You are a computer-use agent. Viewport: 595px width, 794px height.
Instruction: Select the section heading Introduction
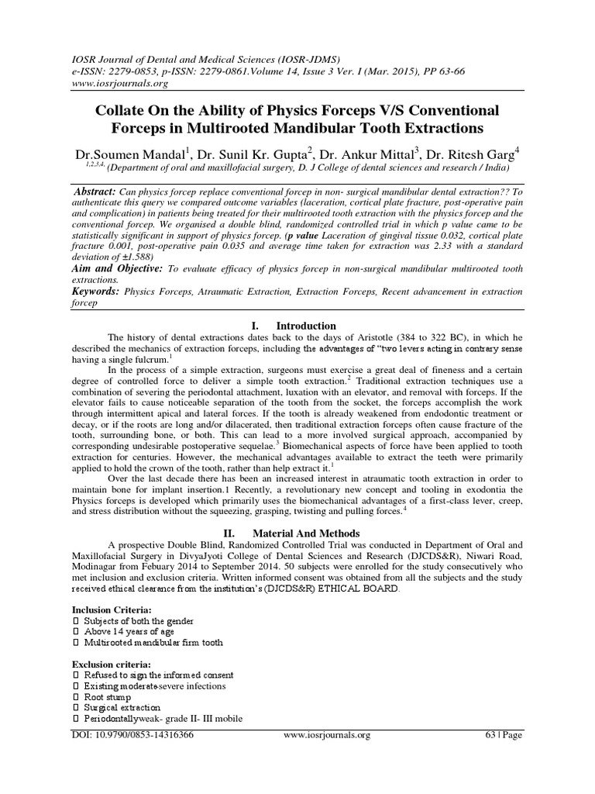tap(308, 326)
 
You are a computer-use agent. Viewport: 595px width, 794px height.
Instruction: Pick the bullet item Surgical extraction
tap(122, 708)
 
